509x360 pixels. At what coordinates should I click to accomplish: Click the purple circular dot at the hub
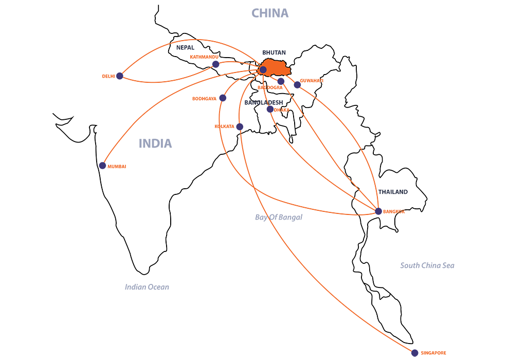[x=263, y=69]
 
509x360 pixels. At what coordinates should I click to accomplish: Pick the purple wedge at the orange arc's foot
[x=102, y=165]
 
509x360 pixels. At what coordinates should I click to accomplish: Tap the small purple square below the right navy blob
[x=379, y=210]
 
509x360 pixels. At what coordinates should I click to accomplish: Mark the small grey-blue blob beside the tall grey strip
[x=290, y=221]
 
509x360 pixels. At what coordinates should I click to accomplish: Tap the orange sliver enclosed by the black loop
[x=195, y=58]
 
